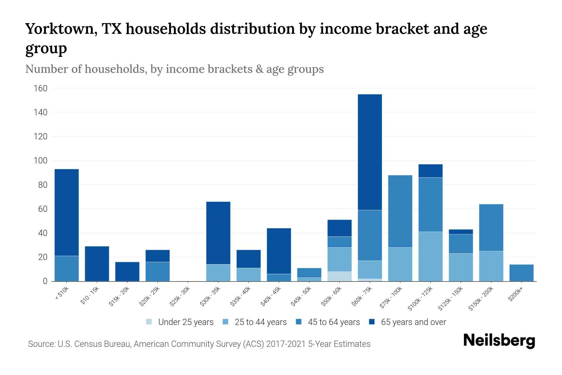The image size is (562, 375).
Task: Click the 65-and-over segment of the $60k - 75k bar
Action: (370, 152)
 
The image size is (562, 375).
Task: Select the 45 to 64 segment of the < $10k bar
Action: (67, 268)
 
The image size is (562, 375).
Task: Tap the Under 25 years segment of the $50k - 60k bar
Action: (339, 276)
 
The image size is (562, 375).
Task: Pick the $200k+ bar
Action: (521, 273)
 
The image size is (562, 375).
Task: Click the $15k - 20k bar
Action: (127, 271)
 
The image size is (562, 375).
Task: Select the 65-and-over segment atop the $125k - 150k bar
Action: (461, 232)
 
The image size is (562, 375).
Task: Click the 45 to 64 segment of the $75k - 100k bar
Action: (400, 211)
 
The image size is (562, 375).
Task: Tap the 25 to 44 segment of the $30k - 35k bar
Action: (218, 272)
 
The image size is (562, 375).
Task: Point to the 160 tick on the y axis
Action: (41, 88)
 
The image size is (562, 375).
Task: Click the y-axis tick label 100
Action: (41, 161)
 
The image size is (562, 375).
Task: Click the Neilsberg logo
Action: (499, 341)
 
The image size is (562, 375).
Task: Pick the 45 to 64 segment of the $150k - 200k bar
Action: (491, 227)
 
